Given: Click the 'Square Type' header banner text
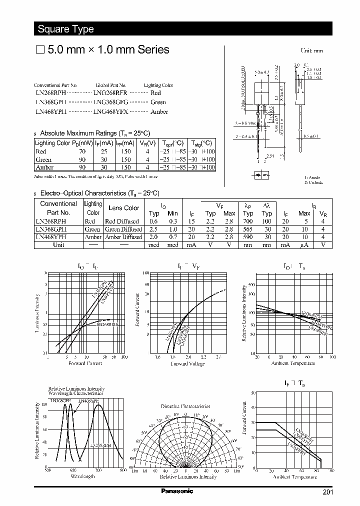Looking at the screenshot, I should (65, 29).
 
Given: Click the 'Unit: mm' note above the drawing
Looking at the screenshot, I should (311, 51).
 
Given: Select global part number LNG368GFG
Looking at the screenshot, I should (110, 102).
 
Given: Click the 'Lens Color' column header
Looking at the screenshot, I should (124, 208).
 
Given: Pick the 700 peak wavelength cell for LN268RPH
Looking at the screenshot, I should (248, 221).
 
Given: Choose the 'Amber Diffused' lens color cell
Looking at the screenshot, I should (123, 237).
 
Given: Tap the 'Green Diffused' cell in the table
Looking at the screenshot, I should (123, 229).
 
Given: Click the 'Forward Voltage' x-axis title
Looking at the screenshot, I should (187, 363).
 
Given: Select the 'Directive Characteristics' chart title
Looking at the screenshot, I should (185, 406).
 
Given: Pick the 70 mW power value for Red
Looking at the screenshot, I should (82, 151).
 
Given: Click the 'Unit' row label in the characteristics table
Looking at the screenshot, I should (58, 245).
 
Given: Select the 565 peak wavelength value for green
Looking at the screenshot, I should (248, 229).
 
